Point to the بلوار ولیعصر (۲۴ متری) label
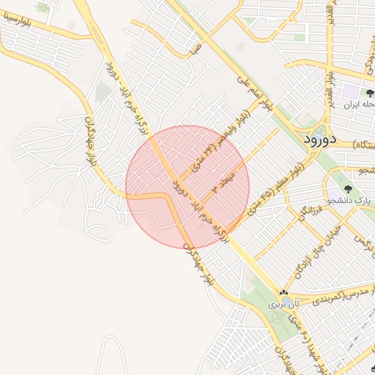click(220, 139)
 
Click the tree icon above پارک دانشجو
click(348, 189)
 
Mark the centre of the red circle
click(187, 187)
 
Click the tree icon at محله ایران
click(368, 93)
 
